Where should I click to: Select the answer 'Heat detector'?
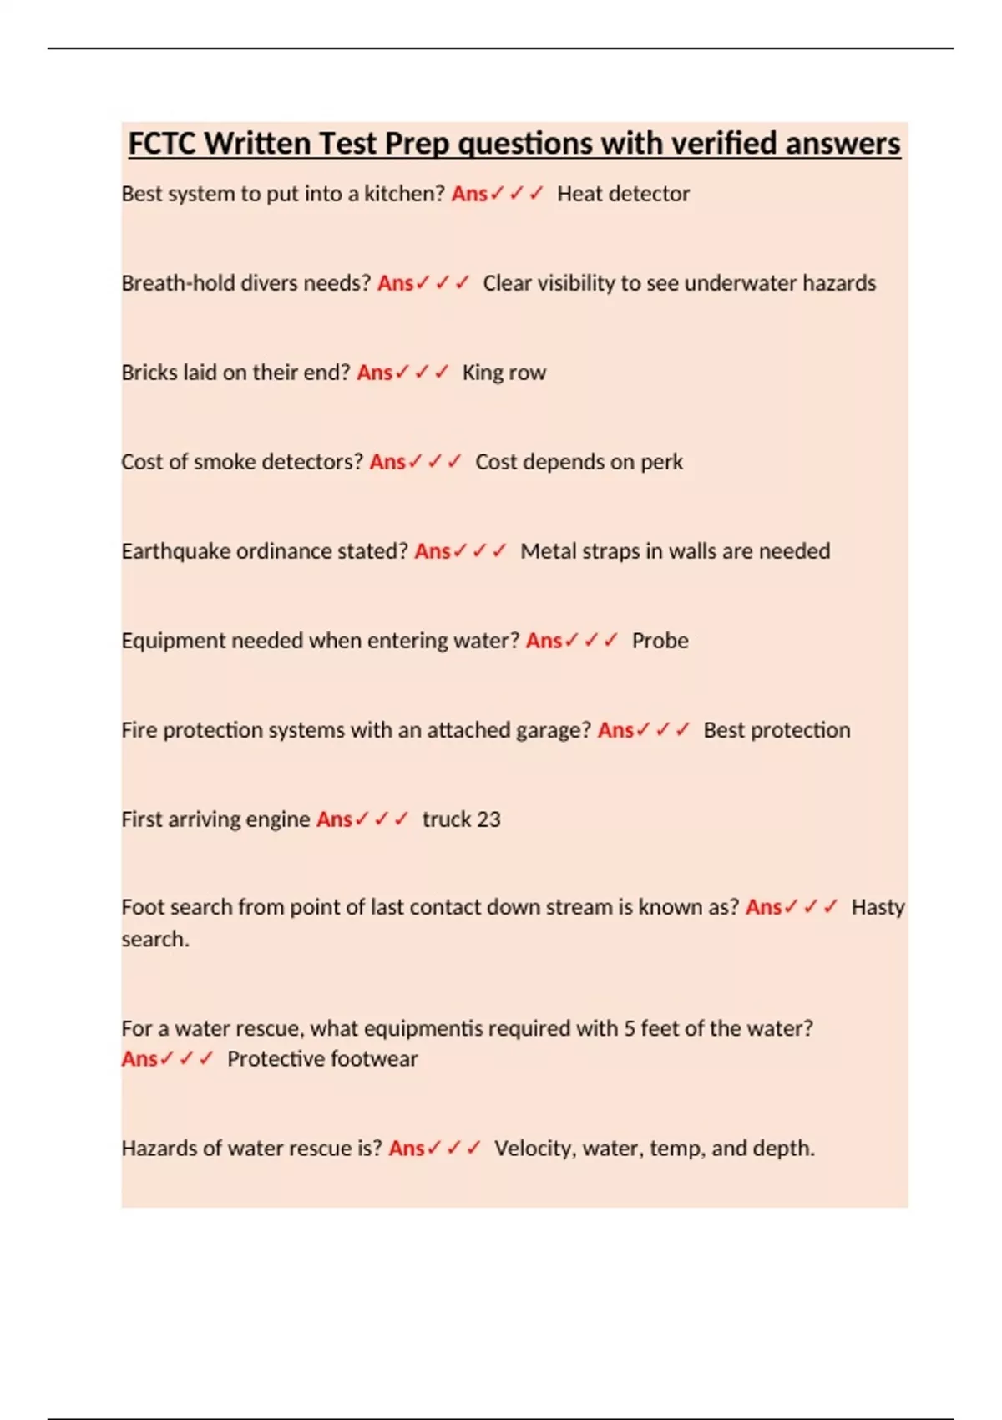click(623, 194)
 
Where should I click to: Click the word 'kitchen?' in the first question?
click(404, 194)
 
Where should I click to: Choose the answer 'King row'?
click(504, 373)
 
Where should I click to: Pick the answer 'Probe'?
click(660, 641)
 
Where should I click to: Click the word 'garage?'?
click(554, 730)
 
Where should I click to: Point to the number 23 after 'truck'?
click(488, 819)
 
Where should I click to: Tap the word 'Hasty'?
click(878, 907)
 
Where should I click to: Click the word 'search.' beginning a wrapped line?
click(155, 939)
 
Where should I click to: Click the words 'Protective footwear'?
click(322, 1059)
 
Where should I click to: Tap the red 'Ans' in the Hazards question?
click(407, 1149)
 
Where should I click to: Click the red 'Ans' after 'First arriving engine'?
click(334, 819)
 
